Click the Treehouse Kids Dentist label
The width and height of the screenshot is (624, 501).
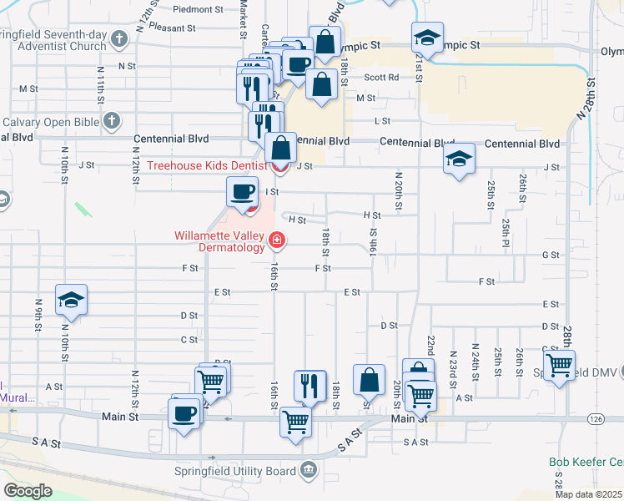coord(207,165)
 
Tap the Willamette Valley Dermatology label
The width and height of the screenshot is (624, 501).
coord(219,241)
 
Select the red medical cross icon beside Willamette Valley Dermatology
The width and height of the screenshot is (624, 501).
coord(276,242)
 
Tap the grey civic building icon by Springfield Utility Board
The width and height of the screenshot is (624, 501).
coord(309,471)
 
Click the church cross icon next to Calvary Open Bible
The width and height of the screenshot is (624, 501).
coord(111,122)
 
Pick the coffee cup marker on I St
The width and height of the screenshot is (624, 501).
coord(242,191)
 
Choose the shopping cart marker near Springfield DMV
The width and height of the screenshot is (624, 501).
coord(559,363)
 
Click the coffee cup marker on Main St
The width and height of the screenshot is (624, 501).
coord(184,412)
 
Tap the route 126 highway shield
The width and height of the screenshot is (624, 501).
coord(595,417)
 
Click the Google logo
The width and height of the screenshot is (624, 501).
coord(28,490)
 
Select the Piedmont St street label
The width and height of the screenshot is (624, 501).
coord(199,10)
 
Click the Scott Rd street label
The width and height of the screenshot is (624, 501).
coord(381,77)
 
